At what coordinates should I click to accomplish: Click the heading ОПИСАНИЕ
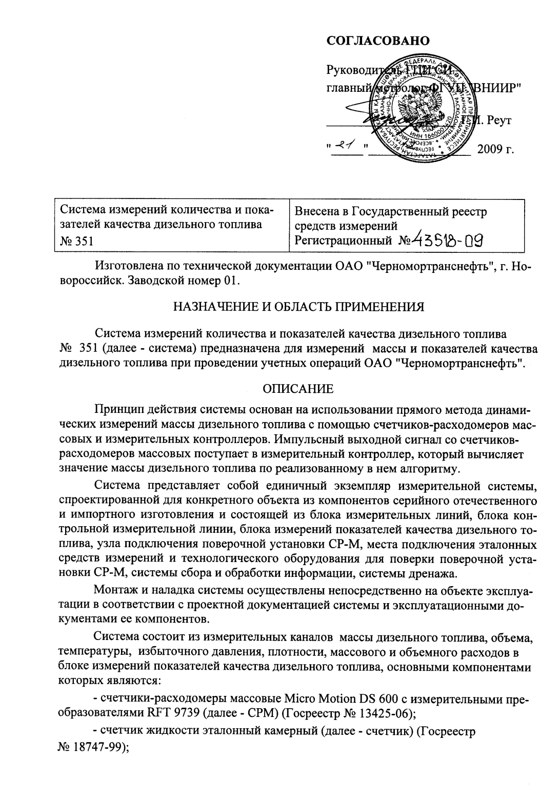coord(298,388)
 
